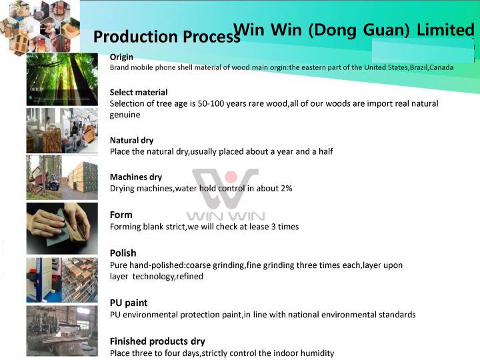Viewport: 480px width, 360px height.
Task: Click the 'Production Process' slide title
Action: click(x=166, y=37)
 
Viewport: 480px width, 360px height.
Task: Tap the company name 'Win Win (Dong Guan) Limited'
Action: click(x=354, y=30)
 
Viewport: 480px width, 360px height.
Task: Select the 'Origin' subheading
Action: click(x=121, y=57)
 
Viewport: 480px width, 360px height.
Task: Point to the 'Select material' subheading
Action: click(x=139, y=93)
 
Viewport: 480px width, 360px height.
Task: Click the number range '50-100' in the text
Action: click(x=209, y=103)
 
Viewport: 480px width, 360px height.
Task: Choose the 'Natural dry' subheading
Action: click(x=131, y=141)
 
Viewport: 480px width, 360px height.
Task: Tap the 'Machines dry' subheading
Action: click(x=136, y=177)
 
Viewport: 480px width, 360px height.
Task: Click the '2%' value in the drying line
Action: click(x=286, y=188)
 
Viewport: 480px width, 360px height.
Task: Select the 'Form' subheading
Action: click(x=121, y=215)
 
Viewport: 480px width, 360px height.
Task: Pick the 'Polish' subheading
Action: click(x=123, y=253)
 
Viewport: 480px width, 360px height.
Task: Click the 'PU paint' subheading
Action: click(x=129, y=303)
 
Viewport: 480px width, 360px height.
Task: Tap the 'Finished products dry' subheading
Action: click(x=157, y=341)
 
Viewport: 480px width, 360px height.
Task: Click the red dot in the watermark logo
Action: click(x=231, y=177)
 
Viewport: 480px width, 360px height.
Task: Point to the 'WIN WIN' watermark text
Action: click(x=225, y=217)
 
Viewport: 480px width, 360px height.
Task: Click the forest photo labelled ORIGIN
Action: click(x=62, y=79)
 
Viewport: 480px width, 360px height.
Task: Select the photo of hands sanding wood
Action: click(x=62, y=229)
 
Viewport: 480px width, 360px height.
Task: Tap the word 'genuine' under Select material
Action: click(x=125, y=115)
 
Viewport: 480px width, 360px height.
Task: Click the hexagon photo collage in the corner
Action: click(x=40, y=27)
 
